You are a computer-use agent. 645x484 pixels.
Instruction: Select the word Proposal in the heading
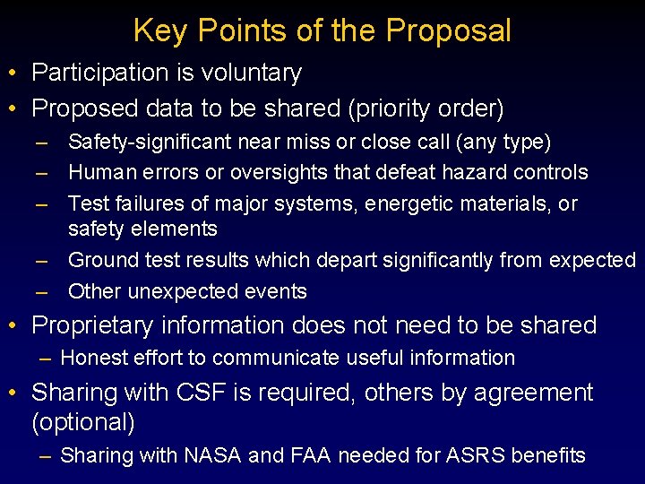click(x=449, y=31)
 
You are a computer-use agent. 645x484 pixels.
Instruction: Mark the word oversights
click(x=266, y=172)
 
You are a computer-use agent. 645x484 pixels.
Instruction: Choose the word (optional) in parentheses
click(x=83, y=421)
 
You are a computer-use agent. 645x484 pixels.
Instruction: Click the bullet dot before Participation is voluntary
click(x=15, y=73)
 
